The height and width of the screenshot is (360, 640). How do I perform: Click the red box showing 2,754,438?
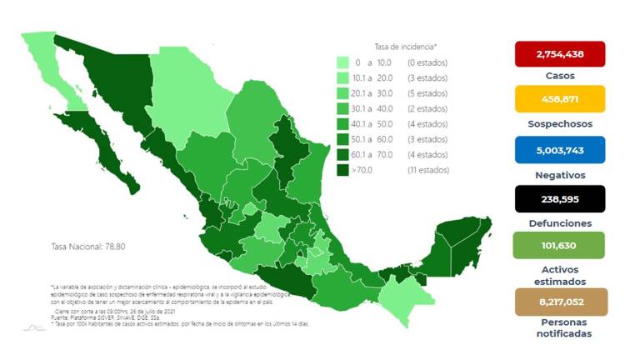(x=559, y=54)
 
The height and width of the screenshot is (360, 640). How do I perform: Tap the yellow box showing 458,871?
(x=559, y=102)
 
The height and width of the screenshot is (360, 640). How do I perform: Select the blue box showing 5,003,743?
(x=559, y=150)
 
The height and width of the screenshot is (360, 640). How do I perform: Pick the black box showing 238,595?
(x=559, y=199)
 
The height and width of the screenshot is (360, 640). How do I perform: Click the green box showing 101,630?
(x=559, y=247)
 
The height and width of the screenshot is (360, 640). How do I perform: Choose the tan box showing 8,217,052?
(x=559, y=302)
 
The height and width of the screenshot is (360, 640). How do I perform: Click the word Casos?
(x=559, y=76)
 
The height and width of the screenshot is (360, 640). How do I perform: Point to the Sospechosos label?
(x=559, y=123)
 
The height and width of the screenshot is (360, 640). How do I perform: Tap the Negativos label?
(x=559, y=175)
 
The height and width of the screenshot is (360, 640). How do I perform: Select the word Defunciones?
(x=559, y=223)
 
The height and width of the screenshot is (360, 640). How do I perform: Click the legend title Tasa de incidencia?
(x=406, y=47)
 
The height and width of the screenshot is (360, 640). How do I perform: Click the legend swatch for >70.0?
(x=342, y=170)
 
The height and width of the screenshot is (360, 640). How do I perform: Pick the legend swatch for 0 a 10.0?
(x=342, y=62)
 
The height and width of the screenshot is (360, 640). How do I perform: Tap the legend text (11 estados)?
(x=428, y=170)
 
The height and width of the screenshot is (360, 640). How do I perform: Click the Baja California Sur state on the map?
(x=99, y=154)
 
